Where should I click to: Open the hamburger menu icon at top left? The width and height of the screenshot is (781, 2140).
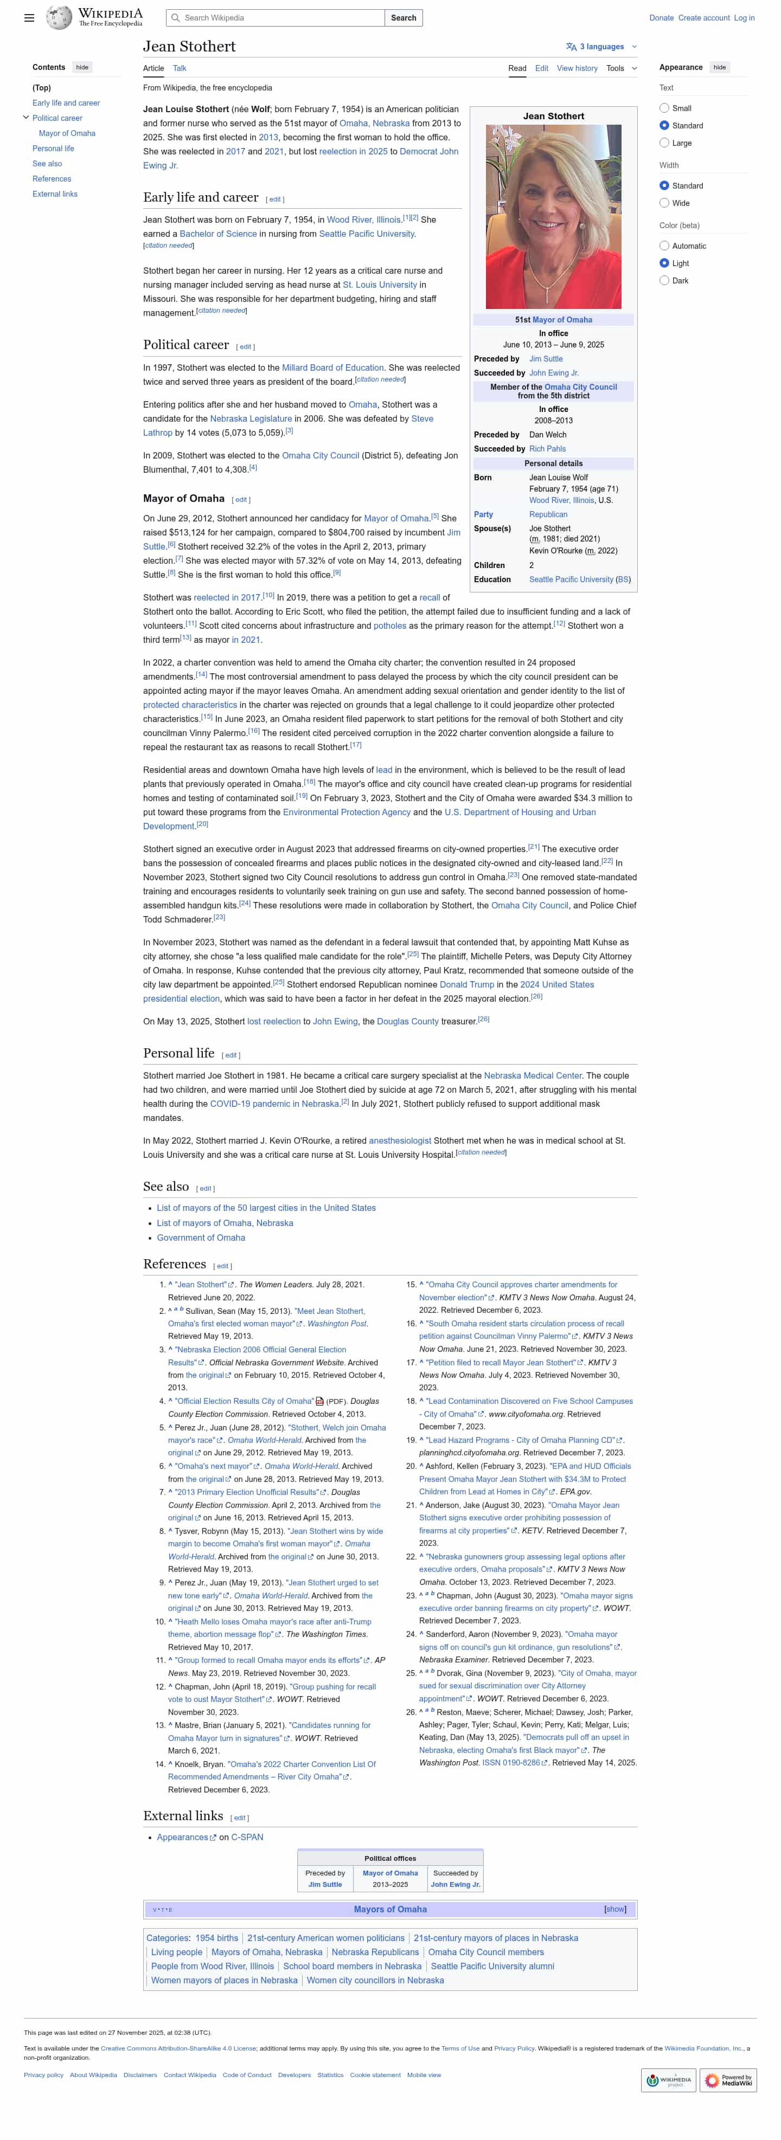coord(29,17)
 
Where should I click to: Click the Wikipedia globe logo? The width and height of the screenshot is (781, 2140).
coord(59,17)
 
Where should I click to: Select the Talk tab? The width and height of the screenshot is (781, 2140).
coord(180,68)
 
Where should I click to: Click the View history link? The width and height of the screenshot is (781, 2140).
coord(577,68)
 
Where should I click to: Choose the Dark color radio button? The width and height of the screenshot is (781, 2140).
coord(664,281)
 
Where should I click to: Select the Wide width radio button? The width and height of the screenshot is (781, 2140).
coord(664,203)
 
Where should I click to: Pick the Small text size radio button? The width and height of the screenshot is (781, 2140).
coord(664,108)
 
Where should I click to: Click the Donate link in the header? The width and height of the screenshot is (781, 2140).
coord(661,17)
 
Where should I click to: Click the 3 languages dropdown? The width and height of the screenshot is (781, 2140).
coord(601,47)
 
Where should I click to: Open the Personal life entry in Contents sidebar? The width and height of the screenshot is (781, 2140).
coord(53,149)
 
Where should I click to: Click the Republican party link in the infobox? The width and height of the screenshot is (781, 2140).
coord(548,515)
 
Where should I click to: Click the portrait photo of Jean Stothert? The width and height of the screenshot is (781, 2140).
coord(553,217)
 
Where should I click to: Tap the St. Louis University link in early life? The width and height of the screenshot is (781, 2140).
coord(380,285)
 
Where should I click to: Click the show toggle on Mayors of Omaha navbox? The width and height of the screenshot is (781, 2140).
coord(615,1909)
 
